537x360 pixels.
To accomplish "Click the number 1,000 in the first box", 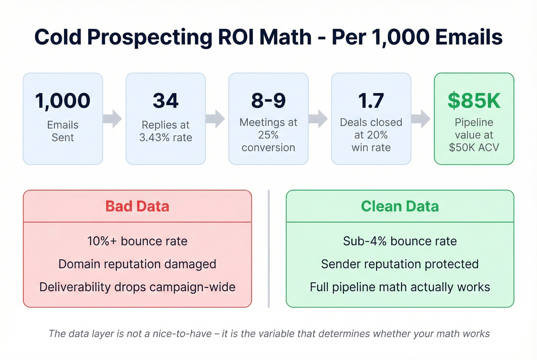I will pos(63,101).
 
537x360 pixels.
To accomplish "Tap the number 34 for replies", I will pos(166,101).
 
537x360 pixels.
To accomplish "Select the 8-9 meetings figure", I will pos(268,101).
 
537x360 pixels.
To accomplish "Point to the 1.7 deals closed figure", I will pos(371,101).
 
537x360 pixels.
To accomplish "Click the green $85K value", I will pos(474,101).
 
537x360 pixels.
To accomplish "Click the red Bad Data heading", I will pos(137,206).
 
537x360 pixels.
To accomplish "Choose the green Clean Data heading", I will pos(400,206).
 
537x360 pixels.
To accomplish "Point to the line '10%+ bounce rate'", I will pos(137,241).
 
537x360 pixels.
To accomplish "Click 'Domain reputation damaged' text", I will pos(137,264).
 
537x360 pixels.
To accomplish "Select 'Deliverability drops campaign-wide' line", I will pos(137,287).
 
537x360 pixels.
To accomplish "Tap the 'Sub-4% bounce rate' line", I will pos(400,241).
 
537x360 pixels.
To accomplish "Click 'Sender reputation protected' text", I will pos(400,264).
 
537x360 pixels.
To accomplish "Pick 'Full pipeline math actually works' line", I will pos(400,287).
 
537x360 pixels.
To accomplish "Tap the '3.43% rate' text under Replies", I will pos(166,138).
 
